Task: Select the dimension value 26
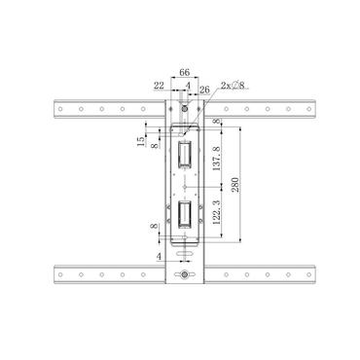tap(204, 90)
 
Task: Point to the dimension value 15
tap(140, 142)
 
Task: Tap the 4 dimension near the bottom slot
tap(159, 257)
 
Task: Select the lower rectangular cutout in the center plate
tap(184, 216)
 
